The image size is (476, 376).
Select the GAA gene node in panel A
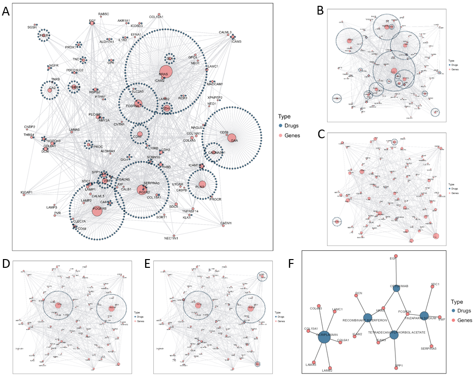coord(231,137)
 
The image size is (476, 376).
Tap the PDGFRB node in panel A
coord(97,210)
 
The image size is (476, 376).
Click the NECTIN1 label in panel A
coord(171,238)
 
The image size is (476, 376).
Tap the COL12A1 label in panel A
coord(156,17)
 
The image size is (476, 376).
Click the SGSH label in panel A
coord(32,27)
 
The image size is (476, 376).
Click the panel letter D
coord(6,264)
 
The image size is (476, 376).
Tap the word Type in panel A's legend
coord(284,117)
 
